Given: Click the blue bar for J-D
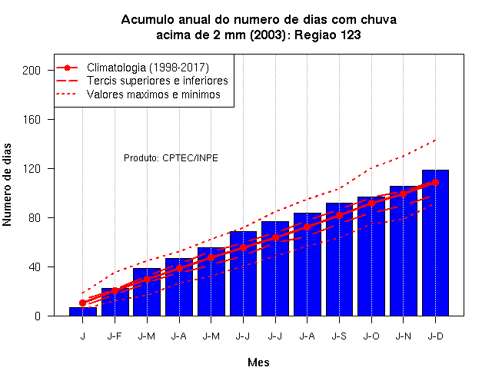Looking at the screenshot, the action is click(435, 243).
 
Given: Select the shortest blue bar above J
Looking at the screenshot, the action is click(83, 312).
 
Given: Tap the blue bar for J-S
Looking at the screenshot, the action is click(339, 260).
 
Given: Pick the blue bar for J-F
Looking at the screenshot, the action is click(115, 302).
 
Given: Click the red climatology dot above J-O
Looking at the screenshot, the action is click(371, 203).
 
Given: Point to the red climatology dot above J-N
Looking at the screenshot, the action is click(403, 194).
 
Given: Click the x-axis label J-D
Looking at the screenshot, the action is click(435, 336).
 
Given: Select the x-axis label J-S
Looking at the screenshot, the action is click(339, 336).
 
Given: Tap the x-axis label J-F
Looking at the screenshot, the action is click(115, 336).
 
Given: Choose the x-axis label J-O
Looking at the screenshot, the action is click(371, 336).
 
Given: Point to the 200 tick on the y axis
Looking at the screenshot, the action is click(32, 70).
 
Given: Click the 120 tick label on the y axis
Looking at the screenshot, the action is click(32, 169).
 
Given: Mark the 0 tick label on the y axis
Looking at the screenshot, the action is click(38, 316).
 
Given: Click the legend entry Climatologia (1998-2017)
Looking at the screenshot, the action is click(148, 68).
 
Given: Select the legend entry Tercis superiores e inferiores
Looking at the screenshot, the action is click(157, 81).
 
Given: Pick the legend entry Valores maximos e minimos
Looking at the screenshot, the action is click(154, 94).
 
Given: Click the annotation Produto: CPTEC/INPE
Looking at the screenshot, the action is click(171, 157).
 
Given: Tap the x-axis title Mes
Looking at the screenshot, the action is click(258, 362).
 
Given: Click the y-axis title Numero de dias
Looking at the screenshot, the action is click(7, 184).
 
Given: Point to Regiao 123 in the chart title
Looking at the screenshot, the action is click(327, 35).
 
